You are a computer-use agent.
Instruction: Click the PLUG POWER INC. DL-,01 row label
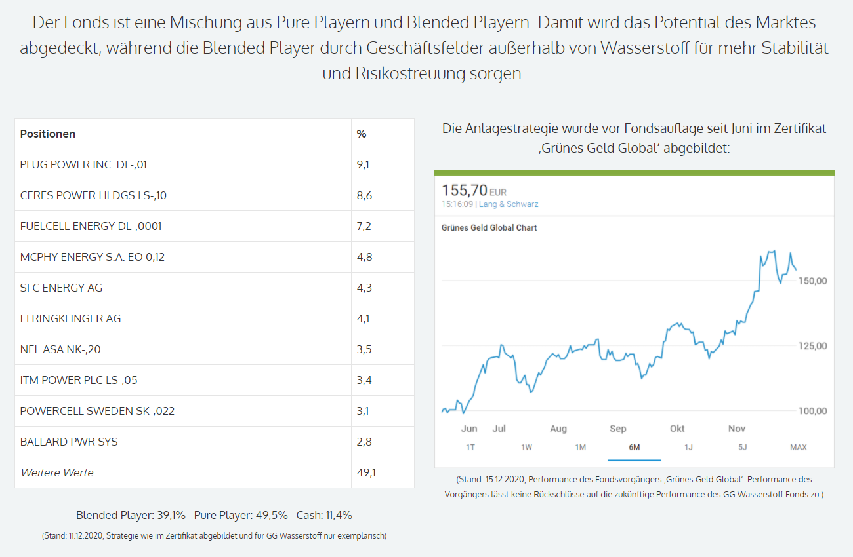click(83, 164)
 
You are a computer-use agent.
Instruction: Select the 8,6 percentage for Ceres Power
click(364, 195)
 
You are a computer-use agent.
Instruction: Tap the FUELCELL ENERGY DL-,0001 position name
click(91, 226)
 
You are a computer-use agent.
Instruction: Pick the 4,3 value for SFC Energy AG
click(364, 288)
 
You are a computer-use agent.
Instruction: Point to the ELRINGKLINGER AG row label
click(70, 318)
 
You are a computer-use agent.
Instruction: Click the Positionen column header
click(48, 134)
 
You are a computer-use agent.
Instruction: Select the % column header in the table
click(362, 134)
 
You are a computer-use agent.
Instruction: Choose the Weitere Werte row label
click(57, 472)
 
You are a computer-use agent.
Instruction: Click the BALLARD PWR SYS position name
click(69, 442)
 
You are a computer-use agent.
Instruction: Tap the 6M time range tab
click(634, 447)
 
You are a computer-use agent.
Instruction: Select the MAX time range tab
click(798, 447)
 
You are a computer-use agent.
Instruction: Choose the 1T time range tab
click(470, 447)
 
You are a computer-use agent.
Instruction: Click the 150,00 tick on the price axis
click(812, 281)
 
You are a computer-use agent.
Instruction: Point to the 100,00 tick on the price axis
click(812, 412)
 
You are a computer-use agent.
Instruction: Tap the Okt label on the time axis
click(677, 429)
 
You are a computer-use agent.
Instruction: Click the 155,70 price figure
click(465, 191)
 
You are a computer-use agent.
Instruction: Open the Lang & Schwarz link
click(509, 204)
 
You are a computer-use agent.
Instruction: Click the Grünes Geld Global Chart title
click(489, 228)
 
